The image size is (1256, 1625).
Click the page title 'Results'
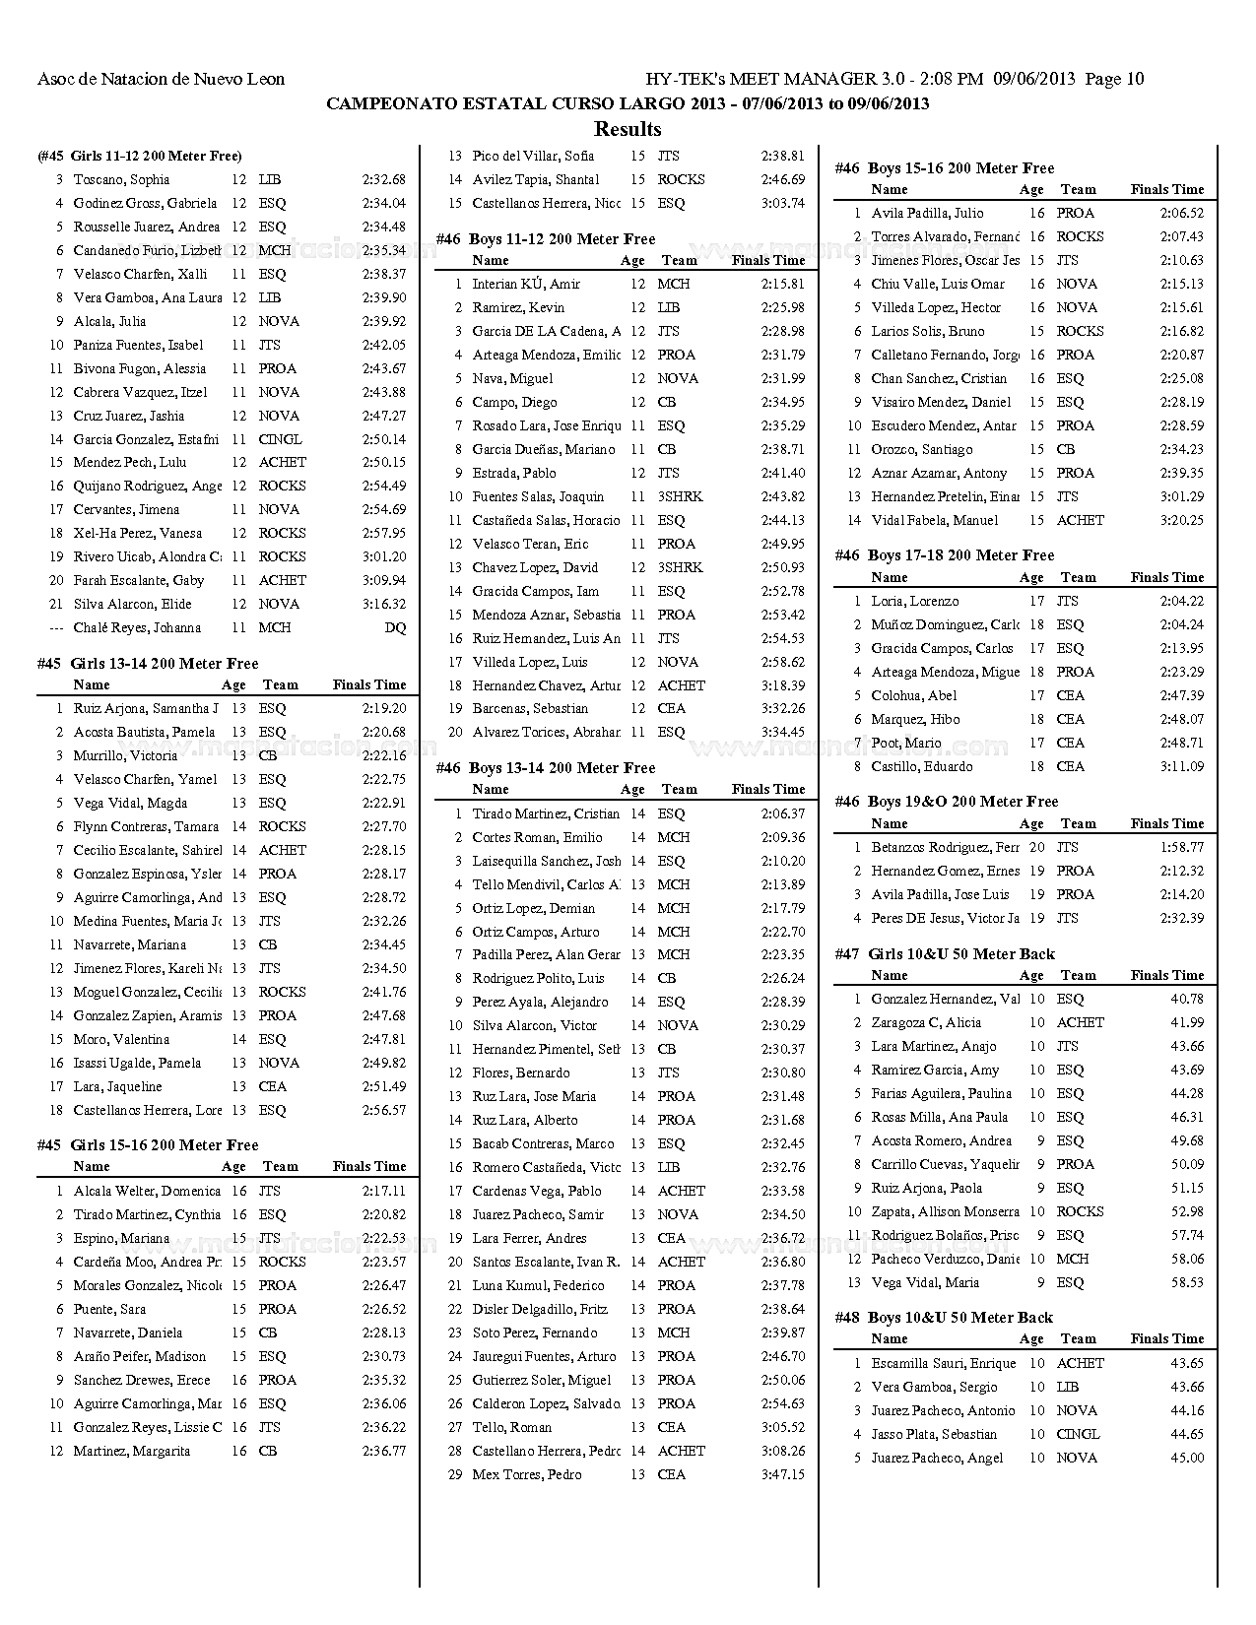628,129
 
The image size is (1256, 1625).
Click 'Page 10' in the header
1114,80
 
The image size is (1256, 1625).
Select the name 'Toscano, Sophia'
121,180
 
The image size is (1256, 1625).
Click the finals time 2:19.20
383,709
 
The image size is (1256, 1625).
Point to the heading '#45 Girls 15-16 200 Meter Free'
148,1145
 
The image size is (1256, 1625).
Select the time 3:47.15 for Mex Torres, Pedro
782,1475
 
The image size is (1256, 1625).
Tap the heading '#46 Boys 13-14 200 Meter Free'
546,768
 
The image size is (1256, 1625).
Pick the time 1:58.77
1182,848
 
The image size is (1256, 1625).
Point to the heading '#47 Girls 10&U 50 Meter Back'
945,954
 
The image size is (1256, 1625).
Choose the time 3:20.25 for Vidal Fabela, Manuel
1182,521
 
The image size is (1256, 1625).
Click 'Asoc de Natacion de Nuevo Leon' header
161,80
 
